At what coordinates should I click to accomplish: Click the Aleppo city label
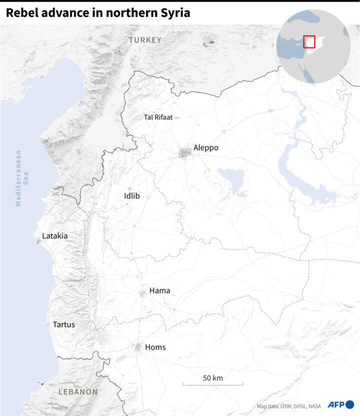[x=205, y=148]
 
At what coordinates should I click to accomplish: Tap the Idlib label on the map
[x=131, y=196]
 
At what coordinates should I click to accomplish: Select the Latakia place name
[x=54, y=236]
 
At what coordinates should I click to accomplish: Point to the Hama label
[x=159, y=291]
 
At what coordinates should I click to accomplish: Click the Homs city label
[x=155, y=347]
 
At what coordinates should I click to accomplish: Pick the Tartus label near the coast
[x=63, y=325]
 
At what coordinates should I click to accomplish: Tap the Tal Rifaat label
[x=157, y=117]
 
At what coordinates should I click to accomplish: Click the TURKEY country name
[x=144, y=40]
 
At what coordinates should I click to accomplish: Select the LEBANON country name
[x=78, y=392]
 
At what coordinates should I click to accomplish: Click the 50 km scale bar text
[x=212, y=378]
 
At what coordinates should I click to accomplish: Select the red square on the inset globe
[x=309, y=41]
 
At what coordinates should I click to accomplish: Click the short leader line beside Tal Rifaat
[x=176, y=117]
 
